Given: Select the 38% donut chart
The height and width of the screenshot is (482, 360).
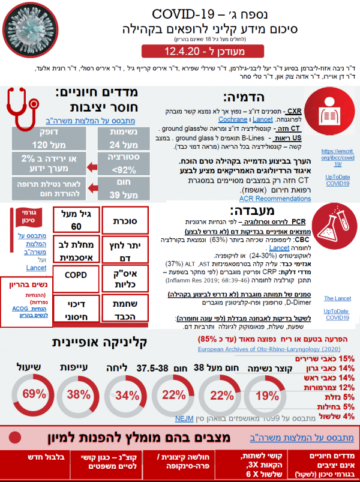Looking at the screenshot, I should (79, 394).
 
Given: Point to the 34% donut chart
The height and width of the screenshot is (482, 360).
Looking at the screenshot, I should (127, 394).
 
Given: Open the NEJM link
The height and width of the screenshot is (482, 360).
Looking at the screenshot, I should (182, 419).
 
